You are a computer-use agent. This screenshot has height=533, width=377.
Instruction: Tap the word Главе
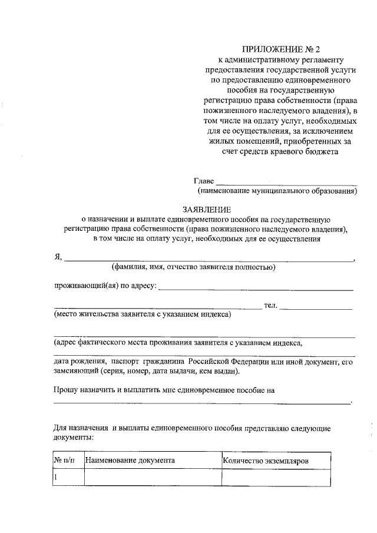point(204,181)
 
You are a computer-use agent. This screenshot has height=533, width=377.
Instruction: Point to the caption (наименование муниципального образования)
point(277,191)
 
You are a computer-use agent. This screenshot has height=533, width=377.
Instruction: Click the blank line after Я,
point(209,259)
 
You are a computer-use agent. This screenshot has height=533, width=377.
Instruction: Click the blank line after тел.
point(316,307)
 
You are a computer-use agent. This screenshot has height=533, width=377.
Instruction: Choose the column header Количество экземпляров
point(266,461)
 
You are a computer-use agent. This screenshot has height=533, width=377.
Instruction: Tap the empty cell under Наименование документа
point(152,477)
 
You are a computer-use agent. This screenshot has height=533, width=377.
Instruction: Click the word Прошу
point(66,390)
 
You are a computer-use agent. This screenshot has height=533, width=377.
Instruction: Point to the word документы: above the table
point(73,438)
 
